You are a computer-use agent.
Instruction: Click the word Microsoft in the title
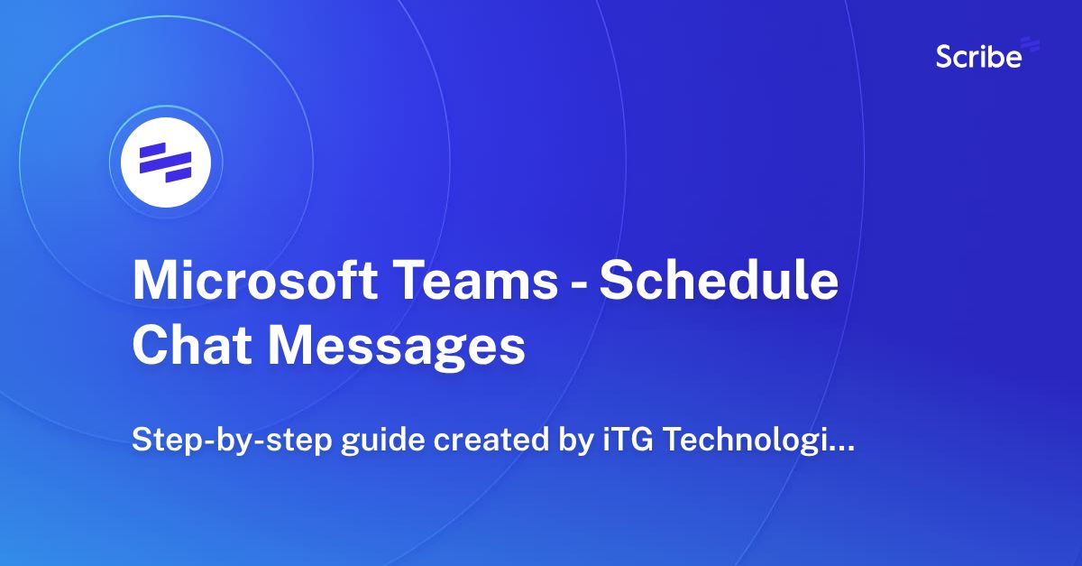click(253, 283)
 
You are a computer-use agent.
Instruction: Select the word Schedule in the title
click(719, 283)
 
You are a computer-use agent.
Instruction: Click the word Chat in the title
click(192, 346)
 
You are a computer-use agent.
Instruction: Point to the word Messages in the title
click(397, 348)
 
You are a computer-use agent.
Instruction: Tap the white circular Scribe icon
click(166, 162)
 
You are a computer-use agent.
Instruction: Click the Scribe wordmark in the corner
click(978, 57)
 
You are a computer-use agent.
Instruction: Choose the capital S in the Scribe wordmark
click(945, 57)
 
